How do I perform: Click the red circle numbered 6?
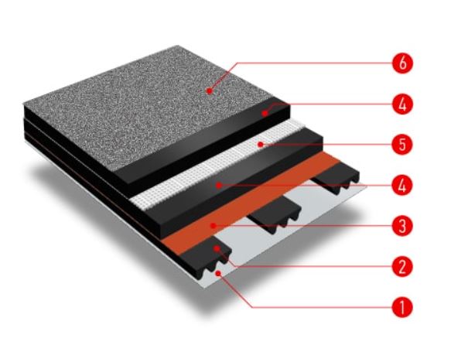(402, 63)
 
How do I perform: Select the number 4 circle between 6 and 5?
(402, 104)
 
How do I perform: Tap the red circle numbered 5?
(402, 145)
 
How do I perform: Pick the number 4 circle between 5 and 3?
(402, 186)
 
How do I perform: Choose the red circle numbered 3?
(402, 226)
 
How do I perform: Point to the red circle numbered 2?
(402, 267)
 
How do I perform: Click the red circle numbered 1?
(402, 307)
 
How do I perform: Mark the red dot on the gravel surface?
(210, 90)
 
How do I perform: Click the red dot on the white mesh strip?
(260, 144)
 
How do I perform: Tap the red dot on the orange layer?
(213, 226)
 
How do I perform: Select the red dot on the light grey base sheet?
(218, 273)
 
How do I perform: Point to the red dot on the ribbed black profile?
(217, 248)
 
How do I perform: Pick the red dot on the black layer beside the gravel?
(265, 113)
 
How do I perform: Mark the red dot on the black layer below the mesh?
(219, 186)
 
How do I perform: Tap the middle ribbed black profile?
(273, 210)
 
